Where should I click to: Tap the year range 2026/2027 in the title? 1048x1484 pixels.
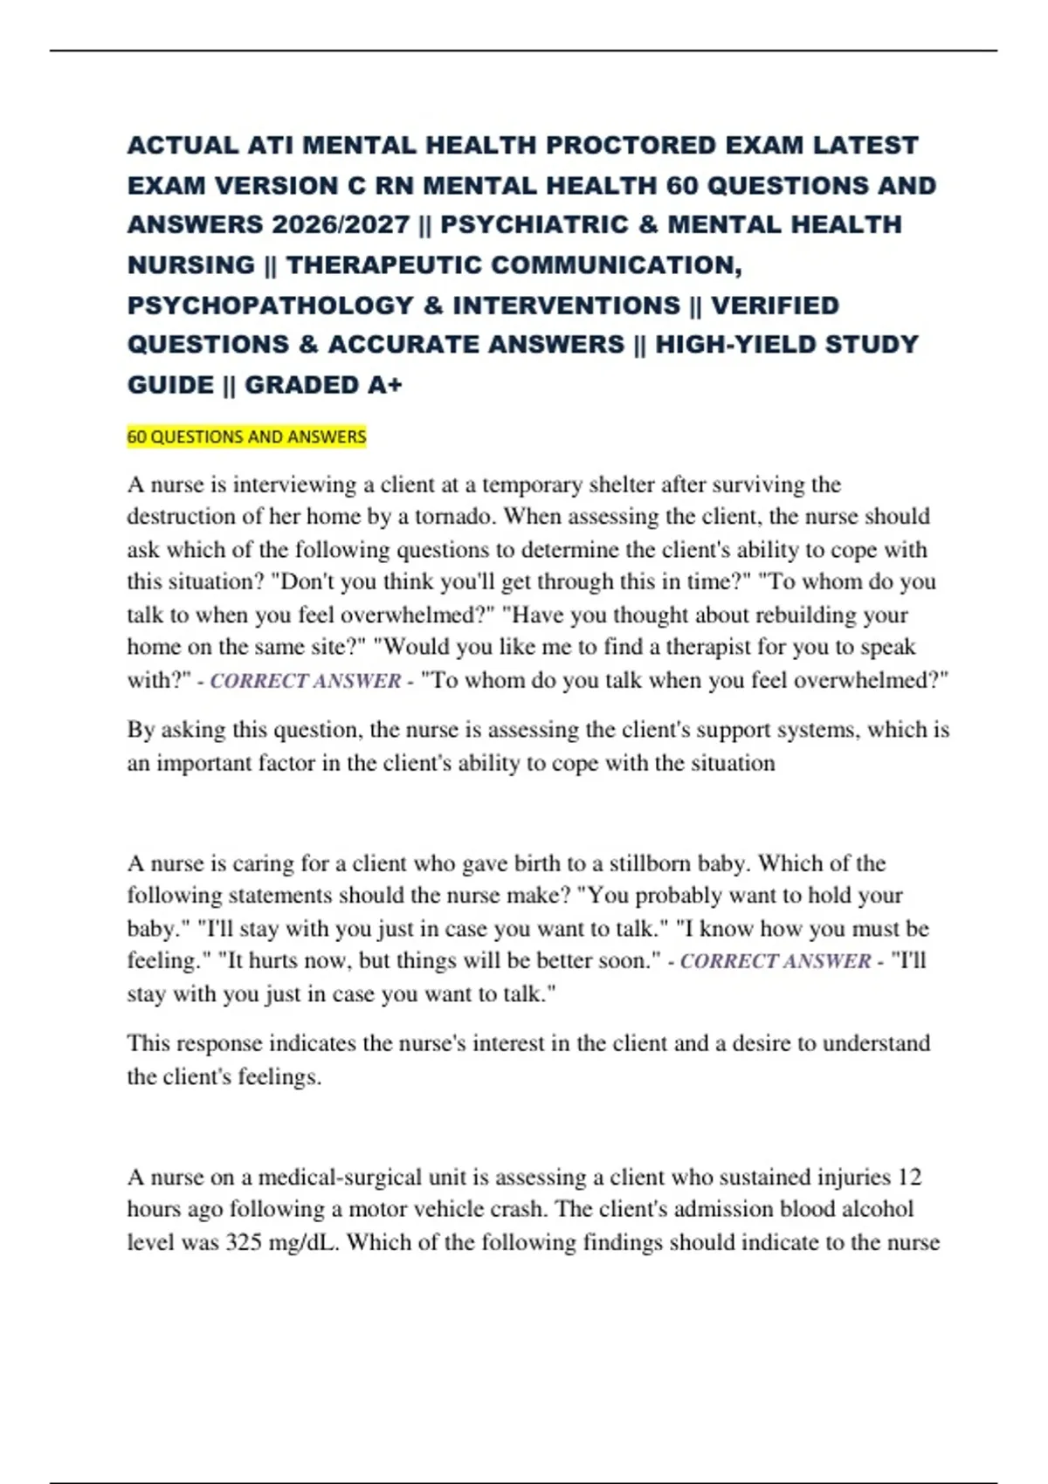point(341,225)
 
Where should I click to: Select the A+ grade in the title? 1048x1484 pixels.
point(383,385)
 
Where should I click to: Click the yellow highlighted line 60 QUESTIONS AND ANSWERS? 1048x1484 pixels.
point(246,436)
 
